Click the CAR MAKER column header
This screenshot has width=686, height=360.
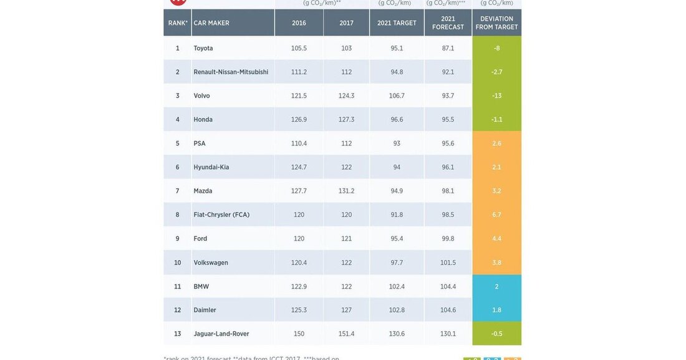211,23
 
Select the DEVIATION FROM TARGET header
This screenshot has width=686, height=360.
496,23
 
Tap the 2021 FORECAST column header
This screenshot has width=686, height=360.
448,23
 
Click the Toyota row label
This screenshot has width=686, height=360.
203,48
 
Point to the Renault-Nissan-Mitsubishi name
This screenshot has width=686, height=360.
231,72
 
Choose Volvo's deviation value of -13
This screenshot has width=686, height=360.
496,95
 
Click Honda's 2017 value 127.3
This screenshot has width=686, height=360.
346,119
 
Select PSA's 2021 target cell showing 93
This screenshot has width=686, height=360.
397,144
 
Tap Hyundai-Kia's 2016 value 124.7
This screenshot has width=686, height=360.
299,167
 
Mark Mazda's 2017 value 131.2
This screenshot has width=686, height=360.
346,191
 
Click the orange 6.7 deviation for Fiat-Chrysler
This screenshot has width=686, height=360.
496,215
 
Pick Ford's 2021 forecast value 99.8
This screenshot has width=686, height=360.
448,238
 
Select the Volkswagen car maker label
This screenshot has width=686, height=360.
211,263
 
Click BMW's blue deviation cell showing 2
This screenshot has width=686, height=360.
496,286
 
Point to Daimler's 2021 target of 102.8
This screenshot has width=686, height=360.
397,310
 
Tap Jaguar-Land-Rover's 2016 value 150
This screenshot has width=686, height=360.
299,334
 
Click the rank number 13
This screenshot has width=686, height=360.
177,334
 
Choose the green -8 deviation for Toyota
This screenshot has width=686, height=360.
496,48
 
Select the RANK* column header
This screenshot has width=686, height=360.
178,23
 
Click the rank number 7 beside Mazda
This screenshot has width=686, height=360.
177,191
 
